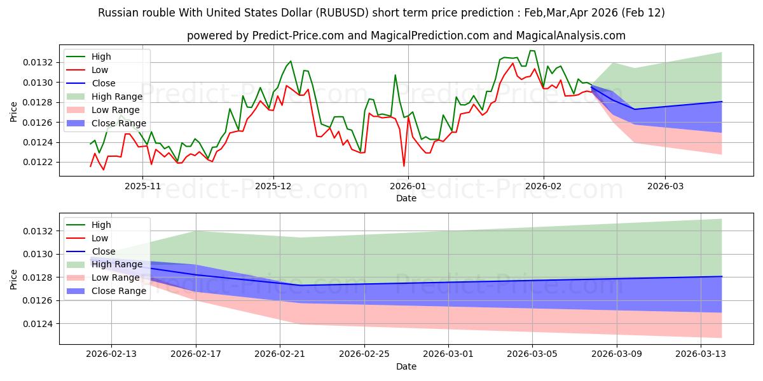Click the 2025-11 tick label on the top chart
[142, 186]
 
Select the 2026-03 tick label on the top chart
[665, 186]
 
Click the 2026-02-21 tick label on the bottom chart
[280, 354]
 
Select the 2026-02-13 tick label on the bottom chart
[111, 354]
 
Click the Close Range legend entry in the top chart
[119, 123]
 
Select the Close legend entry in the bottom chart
[104, 251]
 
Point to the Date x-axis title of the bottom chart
[406, 366]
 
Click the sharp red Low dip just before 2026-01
[404, 166]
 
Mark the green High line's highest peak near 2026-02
[532, 51]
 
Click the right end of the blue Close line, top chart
[722, 102]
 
